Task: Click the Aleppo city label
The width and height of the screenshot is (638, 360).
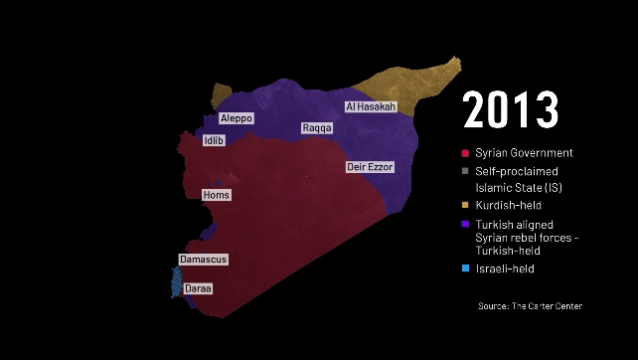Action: (x=236, y=118)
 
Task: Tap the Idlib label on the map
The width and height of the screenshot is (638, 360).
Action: (x=214, y=141)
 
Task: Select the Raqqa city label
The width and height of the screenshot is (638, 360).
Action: (x=317, y=128)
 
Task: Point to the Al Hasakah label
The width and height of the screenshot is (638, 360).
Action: (x=371, y=106)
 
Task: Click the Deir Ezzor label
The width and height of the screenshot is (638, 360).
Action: (x=370, y=167)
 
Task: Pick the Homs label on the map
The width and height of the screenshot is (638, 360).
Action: (x=216, y=195)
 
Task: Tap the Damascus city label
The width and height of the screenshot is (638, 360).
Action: (x=203, y=260)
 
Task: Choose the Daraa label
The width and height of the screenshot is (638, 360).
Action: (x=198, y=288)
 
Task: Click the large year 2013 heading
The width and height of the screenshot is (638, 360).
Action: (x=511, y=109)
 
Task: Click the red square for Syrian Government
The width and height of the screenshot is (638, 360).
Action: (x=465, y=153)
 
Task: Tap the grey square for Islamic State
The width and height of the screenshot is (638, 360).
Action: (x=465, y=171)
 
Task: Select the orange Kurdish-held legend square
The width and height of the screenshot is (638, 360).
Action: (x=465, y=205)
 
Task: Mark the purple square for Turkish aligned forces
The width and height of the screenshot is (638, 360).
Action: (x=465, y=224)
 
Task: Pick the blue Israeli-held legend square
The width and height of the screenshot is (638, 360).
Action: (x=465, y=269)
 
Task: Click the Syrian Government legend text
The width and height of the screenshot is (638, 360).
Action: (x=524, y=153)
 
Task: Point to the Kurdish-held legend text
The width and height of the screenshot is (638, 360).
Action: (x=509, y=205)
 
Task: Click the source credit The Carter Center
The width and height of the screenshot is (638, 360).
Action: (x=530, y=306)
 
